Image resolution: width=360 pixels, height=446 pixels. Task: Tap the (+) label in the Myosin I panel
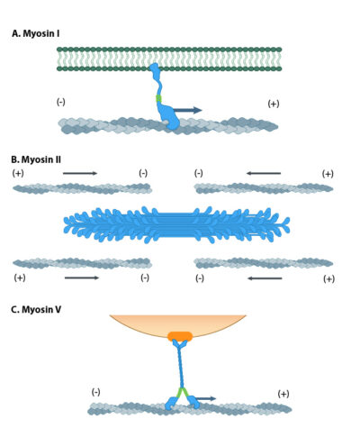(x=274, y=104)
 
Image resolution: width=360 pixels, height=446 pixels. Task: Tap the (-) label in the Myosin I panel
(x=60, y=101)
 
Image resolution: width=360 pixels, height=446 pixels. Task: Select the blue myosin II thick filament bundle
(x=177, y=223)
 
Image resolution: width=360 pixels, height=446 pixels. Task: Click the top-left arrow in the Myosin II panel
(x=80, y=173)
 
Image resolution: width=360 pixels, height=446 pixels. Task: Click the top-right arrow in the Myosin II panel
(x=264, y=173)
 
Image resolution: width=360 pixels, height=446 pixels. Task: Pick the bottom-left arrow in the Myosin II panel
(x=82, y=278)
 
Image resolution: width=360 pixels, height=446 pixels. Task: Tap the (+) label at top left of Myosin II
(x=19, y=172)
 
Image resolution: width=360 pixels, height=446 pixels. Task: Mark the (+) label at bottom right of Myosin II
(x=328, y=278)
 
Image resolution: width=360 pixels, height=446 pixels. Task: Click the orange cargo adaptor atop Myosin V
(x=180, y=337)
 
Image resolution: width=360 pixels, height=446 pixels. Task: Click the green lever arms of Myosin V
(x=183, y=393)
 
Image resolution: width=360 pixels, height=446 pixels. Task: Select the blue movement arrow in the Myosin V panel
(x=206, y=397)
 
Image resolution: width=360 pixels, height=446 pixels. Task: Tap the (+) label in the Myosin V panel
(x=283, y=394)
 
